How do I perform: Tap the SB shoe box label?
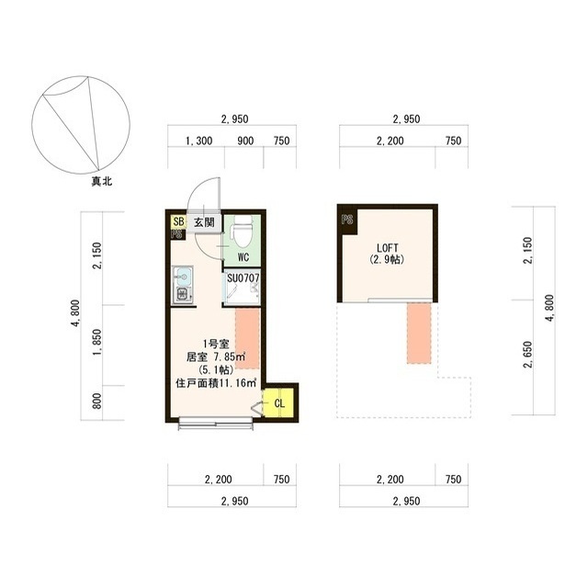point(179,221)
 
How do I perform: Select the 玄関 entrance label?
point(204,222)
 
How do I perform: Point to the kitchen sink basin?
point(184,277)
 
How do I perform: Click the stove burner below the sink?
point(183,295)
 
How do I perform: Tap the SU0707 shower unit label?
point(243,278)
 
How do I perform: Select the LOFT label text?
point(388,248)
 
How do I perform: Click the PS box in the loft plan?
point(347,220)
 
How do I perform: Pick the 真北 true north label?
point(102,182)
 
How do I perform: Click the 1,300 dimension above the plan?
point(198,141)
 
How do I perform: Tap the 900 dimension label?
point(245,141)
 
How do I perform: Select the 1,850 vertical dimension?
point(96,342)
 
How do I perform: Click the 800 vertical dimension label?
point(96,401)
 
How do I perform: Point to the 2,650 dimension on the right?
point(527,355)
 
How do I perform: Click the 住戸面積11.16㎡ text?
point(216,383)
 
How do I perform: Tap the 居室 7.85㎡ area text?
point(216,356)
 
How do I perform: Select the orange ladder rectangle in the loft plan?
point(419,333)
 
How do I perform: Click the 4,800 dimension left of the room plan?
point(75,313)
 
